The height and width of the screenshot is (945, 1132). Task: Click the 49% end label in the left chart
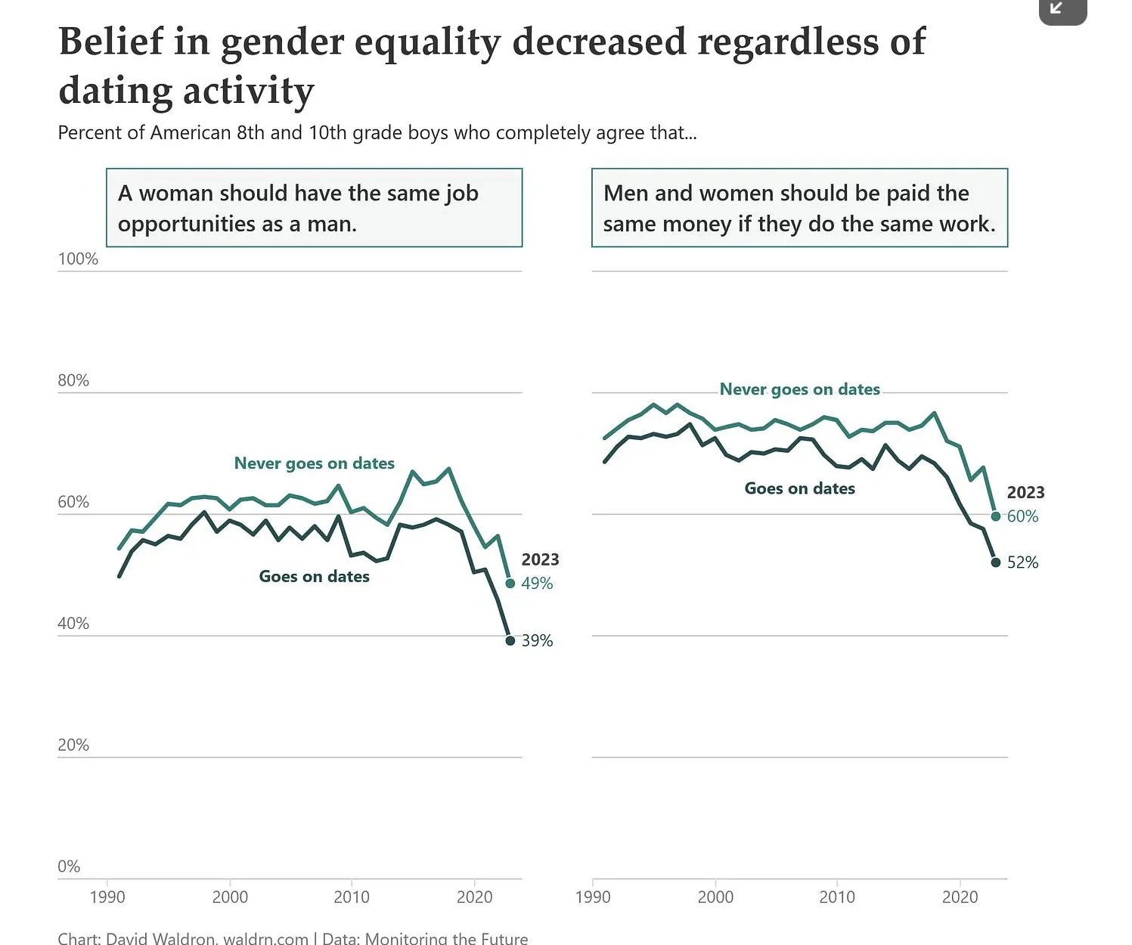click(x=537, y=584)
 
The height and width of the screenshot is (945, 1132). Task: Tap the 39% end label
click(x=537, y=641)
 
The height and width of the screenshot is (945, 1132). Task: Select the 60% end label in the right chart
click(x=1022, y=516)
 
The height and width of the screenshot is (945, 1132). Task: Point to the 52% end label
click(x=1022, y=562)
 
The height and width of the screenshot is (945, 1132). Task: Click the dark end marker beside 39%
click(x=510, y=641)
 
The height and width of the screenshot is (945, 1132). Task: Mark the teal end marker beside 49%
click(x=510, y=584)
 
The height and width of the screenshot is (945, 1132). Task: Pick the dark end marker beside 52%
click(x=996, y=562)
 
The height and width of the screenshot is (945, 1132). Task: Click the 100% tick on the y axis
click(x=78, y=259)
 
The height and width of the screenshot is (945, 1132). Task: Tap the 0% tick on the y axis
click(x=69, y=866)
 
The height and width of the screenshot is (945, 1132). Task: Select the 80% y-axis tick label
click(x=73, y=380)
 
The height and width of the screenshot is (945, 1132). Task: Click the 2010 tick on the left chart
click(x=352, y=897)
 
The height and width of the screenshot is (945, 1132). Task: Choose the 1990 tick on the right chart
click(x=593, y=897)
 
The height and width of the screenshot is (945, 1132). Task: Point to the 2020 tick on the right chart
click(x=960, y=897)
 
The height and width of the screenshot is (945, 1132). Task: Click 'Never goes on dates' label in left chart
click(x=315, y=463)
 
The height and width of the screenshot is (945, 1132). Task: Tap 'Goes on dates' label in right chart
click(x=800, y=488)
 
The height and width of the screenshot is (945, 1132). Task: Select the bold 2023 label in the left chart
click(x=540, y=559)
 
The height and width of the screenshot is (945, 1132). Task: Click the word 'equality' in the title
click(x=427, y=43)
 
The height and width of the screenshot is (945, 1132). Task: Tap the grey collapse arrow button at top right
click(x=1062, y=10)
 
